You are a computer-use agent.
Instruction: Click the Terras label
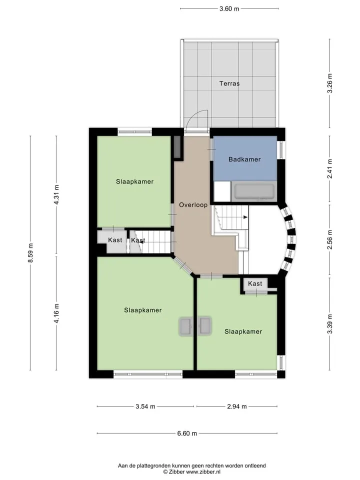pos(229,83)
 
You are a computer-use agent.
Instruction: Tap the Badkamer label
pos(244,159)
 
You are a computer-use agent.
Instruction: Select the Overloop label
pos(193,205)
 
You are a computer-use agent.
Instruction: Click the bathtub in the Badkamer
pos(254,191)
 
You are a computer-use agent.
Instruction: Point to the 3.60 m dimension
pos(229,8)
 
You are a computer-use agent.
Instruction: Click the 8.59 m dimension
pos(30,252)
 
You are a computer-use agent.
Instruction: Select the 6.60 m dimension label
pos(187,433)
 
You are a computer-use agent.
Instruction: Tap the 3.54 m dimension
pos(145,406)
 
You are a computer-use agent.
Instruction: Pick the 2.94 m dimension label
pos(237,406)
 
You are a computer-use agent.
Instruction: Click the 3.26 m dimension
pos(329,83)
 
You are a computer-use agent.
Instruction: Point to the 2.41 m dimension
pos(329,168)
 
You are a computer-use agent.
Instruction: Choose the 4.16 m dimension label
pos(56,313)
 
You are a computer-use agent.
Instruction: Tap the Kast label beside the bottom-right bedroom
pos(255,284)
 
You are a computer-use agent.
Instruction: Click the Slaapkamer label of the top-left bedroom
pos(134,181)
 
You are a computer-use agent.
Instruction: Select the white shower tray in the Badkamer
pos(222,191)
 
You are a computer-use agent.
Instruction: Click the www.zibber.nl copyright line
pos(192,472)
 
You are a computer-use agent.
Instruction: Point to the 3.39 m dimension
pos(329,324)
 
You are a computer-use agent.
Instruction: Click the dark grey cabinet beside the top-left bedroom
pos(177,147)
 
